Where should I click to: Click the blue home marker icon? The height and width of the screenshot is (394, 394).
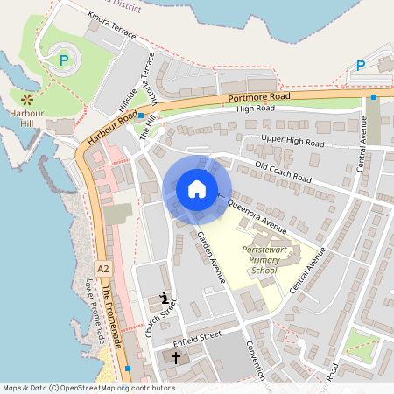tap(197, 189)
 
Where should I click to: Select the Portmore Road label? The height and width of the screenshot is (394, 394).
tap(258, 96)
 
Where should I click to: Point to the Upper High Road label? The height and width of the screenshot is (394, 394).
tap(293, 142)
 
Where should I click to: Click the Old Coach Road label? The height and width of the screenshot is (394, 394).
tap(283, 173)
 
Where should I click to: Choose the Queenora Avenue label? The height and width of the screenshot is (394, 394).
tap(257, 216)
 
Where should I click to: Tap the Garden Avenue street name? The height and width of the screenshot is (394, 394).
tap(211, 258)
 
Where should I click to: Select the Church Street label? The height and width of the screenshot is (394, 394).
tap(162, 320)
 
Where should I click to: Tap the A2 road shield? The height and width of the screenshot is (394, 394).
tap(104, 268)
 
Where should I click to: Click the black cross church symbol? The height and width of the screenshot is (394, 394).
tap(175, 357)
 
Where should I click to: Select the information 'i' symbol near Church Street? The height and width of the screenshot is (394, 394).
tap(165, 299)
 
